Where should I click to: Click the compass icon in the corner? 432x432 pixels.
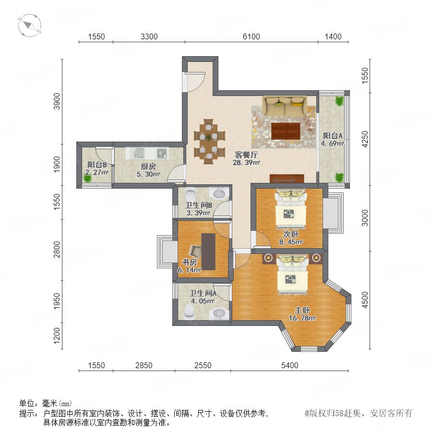(30, 25)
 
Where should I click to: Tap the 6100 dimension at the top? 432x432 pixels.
(251, 36)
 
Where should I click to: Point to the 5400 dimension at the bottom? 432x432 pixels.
(289, 365)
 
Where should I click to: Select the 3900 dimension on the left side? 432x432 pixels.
(57, 101)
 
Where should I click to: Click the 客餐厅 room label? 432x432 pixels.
(246, 155)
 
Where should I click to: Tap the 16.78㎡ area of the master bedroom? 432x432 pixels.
(302, 318)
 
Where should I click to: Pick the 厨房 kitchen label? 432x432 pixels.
(148, 167)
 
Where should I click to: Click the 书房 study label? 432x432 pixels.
(189, 262)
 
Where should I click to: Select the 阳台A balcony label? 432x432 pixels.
(333, 135)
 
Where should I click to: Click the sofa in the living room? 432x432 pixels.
(285, 106)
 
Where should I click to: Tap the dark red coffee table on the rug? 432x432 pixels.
(286, 131)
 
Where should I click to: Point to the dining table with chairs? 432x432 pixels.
(209, 142)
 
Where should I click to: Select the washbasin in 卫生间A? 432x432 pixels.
(219, 313)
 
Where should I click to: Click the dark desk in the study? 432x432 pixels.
(208, 252)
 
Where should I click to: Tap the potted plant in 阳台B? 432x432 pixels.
(88, 178)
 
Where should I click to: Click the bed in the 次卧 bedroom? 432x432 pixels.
(291, 208)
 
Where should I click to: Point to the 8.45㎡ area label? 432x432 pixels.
(291, 242)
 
